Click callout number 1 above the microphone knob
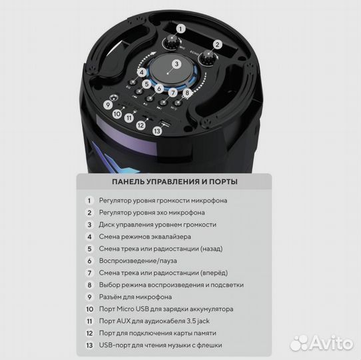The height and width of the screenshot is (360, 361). coord(180,29)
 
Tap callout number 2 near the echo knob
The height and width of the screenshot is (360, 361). coord(218,45)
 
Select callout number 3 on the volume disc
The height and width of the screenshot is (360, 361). coord(177,64)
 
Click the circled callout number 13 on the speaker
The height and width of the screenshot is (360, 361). coord(157,131)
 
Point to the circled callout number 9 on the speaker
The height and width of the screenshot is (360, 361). coord(108,105)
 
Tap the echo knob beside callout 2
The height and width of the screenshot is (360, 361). coord(208,58)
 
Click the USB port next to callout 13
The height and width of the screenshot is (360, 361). coord(166,123)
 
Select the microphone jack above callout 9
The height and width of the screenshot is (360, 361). coord(113,98)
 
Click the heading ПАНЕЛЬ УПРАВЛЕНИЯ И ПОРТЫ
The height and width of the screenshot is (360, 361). coord(175,181)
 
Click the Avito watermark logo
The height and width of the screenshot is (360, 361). coord(322,343)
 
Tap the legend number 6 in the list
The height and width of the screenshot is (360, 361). coord(89,261)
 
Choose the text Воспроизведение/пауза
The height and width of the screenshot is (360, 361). coord(138,261)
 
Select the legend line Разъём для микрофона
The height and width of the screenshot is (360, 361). coord(135,297)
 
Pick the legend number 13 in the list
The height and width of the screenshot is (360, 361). coord(89,345)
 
